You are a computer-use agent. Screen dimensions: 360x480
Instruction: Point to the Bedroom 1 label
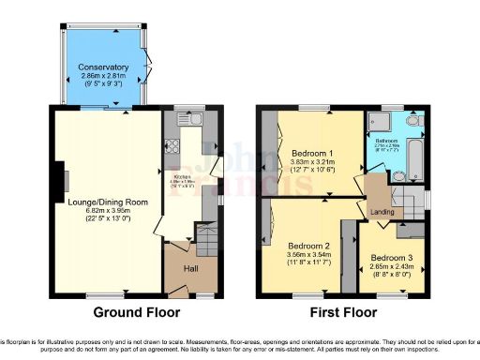[308, 152]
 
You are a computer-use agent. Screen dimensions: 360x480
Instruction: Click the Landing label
[382, 212]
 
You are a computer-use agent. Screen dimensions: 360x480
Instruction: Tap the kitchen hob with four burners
[173, 146]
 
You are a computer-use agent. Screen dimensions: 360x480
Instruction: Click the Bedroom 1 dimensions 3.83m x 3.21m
[308, 162]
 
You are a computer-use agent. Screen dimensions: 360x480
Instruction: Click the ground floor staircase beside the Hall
[204, 234]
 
